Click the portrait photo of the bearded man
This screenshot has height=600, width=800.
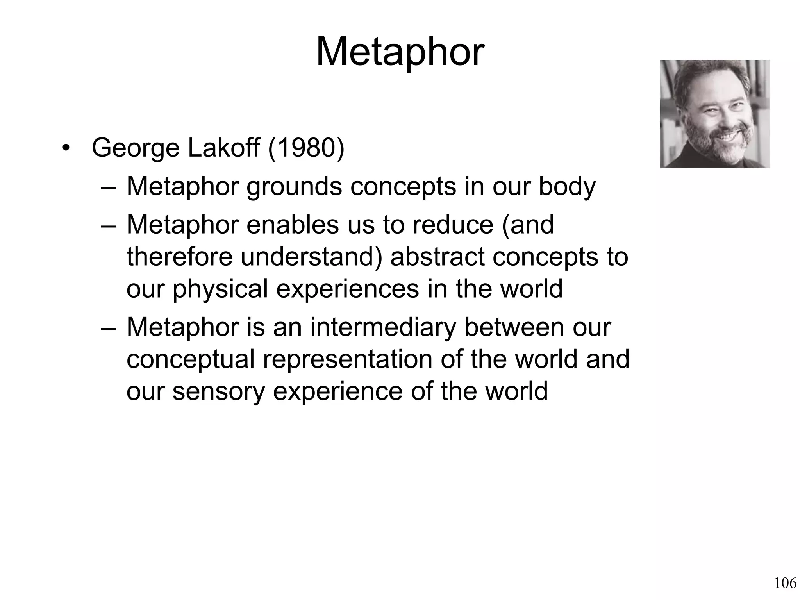point(715,114)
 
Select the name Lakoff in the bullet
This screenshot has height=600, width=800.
point(224,148)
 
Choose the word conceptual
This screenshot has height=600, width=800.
point(190,360)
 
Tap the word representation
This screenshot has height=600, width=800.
point(347,360)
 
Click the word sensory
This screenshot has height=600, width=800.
point(219,391)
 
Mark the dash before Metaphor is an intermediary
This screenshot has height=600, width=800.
point(108,328)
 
